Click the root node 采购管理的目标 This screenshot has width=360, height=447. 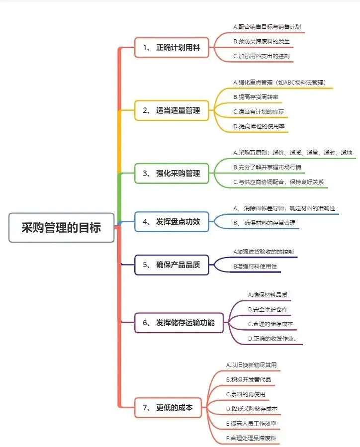pos(61,228)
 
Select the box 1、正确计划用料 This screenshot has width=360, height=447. pos(172,48)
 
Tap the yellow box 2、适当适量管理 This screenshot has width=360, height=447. pos(172,110)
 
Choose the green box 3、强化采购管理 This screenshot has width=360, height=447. pos(172,173)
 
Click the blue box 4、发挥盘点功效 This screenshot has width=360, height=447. pos(172,222)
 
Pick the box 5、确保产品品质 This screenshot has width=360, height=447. pos(172,265)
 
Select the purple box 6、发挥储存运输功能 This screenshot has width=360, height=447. pos(179,323)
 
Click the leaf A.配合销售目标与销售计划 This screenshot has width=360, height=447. pos(267,27)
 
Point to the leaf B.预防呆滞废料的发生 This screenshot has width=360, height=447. pos(262,41)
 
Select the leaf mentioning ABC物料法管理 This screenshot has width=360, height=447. pos(279,83)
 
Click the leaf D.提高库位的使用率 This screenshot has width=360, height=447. pos(259,126)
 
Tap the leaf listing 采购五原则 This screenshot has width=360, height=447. pos(292,153)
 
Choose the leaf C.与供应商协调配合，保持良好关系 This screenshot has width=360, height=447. pos(278,181)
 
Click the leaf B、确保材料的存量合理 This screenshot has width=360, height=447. pos(266,224)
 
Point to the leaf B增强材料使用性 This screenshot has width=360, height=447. pos(255,267)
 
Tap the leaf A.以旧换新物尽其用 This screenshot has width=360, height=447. pos(251,365)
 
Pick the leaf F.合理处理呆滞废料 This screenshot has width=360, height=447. pos(251,438)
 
